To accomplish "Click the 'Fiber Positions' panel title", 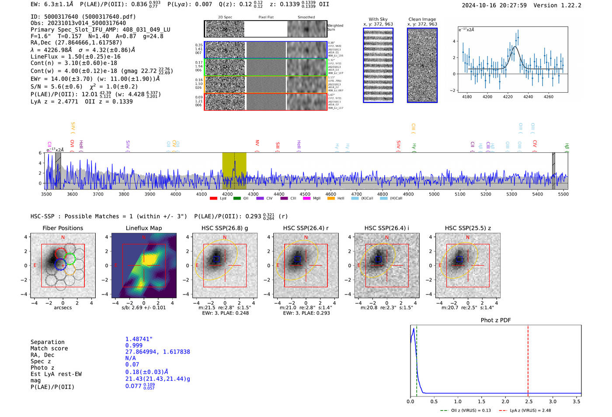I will [x=63, y=228].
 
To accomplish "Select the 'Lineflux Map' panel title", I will [x=143, y=228].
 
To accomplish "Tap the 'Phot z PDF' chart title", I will [x=496, y=320].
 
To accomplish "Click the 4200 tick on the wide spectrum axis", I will [x=227, y=194].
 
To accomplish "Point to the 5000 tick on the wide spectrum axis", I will [x=434, y=194].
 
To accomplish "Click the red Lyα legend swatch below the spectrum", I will [x=213, y=199].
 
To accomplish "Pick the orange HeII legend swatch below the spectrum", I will [x=331, y=199].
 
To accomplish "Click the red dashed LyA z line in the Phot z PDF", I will [x=528, y=359].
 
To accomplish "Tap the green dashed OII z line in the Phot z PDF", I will [x=417, y=359].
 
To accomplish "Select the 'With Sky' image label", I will [x=378, y=19].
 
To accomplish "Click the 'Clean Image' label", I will [x=422, y=19].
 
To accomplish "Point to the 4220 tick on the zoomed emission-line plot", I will [x=508, y=97].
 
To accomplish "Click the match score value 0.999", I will [x=134, y=346].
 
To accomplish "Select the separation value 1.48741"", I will [x=139, y=339].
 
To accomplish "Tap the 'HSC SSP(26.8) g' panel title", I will [x=225, y=228].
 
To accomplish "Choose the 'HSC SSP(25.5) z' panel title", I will [x=468, y=228].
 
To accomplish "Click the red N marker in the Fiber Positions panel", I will [x=63, y=238].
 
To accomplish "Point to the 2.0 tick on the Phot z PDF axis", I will [x=505, y=401].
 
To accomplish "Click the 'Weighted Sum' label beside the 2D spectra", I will [x=335, y=28].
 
